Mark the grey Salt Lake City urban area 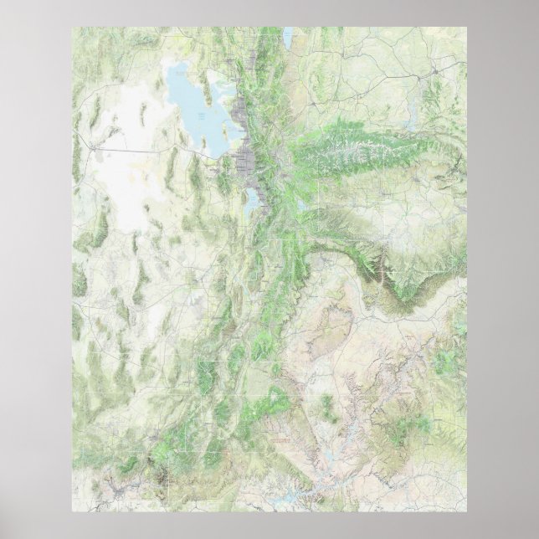248,160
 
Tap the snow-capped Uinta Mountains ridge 352,154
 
